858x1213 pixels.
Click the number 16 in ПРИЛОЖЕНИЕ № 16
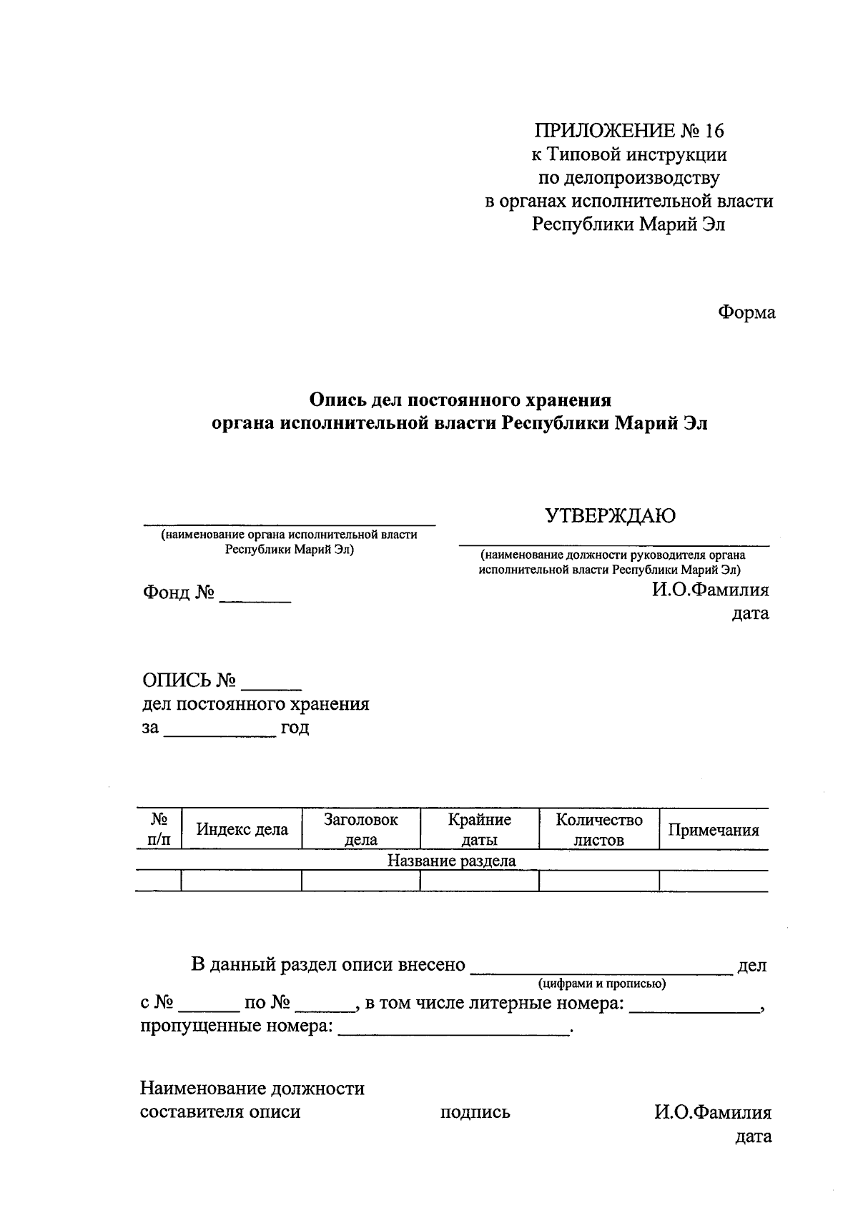(714, 131)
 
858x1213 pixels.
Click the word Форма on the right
(746, 312)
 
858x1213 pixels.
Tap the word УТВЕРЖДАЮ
(610, 515)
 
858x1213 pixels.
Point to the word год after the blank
(295, 728)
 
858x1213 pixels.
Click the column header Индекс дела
(242, 829)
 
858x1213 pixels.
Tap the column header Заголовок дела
(360, 829)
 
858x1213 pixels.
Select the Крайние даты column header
(479, 829)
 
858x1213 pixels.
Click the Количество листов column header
(598, 829)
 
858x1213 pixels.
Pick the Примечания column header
(713, 830)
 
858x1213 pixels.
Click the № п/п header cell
(159, 829)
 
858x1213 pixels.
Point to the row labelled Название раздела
(451, 861)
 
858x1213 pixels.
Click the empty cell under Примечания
(713, 881)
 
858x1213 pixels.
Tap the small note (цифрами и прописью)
(602, 984)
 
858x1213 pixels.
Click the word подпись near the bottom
(475, 1112)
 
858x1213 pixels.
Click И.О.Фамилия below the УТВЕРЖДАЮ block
(709, 590)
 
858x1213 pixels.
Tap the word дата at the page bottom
(754, 1136)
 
